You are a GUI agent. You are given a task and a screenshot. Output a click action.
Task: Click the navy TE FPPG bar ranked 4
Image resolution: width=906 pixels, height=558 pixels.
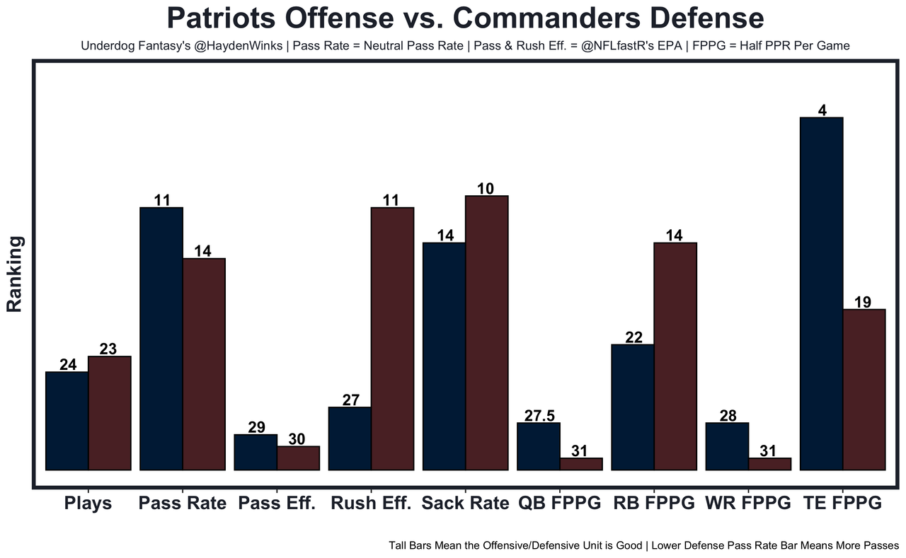click(821, 293)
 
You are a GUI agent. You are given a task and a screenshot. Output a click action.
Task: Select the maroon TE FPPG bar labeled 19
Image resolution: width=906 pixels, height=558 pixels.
click(864, 389)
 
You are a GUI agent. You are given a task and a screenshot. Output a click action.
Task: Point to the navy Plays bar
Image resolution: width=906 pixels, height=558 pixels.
click(67, 420)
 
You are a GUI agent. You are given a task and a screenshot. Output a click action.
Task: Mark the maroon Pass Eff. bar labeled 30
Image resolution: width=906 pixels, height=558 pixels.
click(298, 458)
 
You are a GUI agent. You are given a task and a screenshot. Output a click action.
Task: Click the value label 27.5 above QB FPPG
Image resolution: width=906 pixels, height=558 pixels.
click(539, 416)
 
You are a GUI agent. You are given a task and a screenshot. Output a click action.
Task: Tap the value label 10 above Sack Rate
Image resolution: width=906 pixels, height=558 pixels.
click(486, 188)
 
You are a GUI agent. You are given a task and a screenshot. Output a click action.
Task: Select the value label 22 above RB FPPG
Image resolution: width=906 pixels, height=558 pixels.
click(633, 337)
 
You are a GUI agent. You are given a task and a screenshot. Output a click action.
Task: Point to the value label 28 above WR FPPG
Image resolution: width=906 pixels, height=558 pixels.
click(728, 416)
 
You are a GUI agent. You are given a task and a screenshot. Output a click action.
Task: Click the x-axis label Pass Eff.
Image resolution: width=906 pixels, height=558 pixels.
click(277, 504)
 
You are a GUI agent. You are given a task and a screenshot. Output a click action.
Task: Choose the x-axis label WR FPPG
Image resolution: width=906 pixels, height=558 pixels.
click(747, 504)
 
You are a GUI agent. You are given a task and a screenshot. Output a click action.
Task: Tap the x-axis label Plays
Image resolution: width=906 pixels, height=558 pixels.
click(88, 504)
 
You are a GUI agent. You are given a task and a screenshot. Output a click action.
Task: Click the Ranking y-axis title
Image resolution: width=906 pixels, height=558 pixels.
click(16, 274)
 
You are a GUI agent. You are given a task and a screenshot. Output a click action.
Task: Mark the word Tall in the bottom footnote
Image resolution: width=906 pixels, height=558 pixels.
click(399, 546)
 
